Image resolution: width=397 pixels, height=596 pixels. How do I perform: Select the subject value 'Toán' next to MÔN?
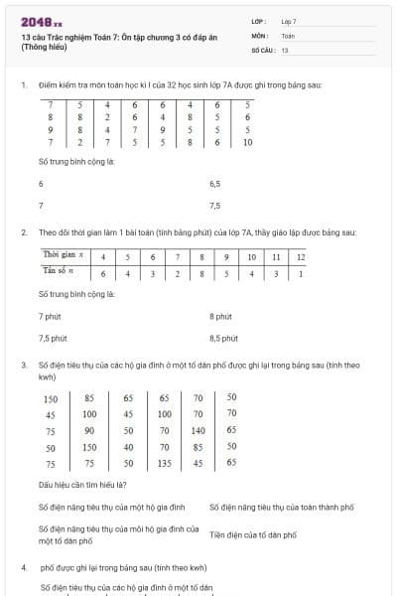coord(288,35)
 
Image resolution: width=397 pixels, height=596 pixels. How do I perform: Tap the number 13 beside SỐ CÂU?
coord(285,49)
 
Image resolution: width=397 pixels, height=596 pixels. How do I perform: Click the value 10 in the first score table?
coord(247,142)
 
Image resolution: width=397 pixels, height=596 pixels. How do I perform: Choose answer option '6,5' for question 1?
coord(215,184)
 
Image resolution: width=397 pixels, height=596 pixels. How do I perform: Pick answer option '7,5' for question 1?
coord(215,206)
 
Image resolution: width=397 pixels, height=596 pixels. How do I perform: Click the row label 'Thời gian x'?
coord(62,256)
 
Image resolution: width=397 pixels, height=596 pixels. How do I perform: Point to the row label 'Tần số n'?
coord(61,272)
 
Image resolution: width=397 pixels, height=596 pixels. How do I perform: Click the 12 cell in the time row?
coord(301,256)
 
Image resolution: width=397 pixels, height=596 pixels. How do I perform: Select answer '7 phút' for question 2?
coord(52,316)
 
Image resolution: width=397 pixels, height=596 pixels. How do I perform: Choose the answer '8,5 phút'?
coord(223,338)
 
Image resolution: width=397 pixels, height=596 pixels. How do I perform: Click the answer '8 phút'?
coord(220,316)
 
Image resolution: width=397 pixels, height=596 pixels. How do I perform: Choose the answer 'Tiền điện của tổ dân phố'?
coord(253,534)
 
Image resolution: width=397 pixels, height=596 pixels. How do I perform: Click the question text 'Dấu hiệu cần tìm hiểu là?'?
coord(81,485)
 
